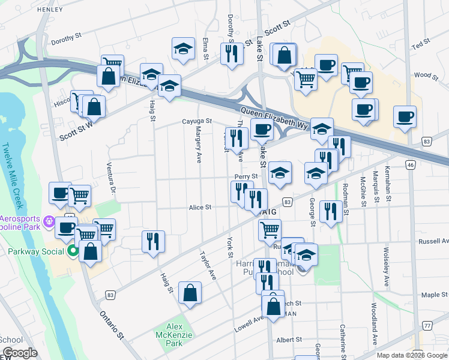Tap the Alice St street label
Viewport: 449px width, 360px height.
pos(200,207)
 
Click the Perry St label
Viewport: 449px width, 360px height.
pos(246,176)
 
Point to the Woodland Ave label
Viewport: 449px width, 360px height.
pos(373,329)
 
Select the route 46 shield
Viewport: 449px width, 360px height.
pos(411,164)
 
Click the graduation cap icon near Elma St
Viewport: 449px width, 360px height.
pos(183,49)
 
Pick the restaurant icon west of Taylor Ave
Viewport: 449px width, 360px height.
pos(153,241)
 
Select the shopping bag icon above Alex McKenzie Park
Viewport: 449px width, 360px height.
pos(190,293)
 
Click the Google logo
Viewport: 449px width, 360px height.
pos(20,353)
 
